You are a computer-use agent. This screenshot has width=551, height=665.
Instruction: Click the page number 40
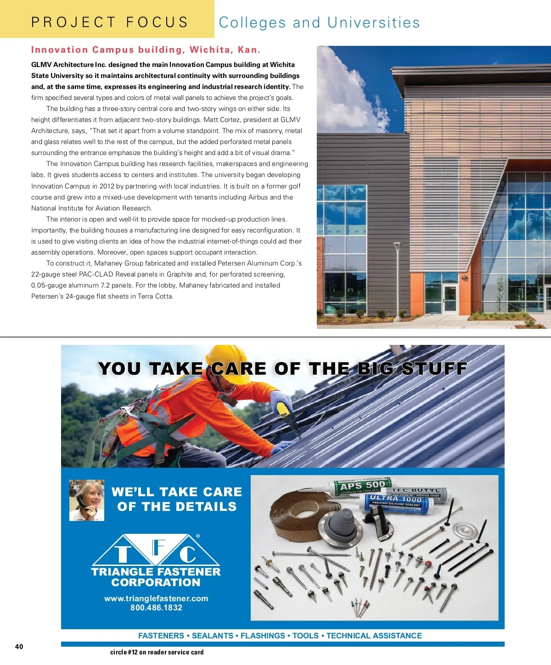point(19,647)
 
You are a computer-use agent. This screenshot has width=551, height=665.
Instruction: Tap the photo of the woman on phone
point(87,500)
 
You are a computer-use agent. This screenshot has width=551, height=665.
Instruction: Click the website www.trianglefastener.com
point(156,598)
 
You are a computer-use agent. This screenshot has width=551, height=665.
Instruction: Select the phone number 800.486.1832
point(156,608)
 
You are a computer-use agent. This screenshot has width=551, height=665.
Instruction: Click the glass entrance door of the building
point(450,298)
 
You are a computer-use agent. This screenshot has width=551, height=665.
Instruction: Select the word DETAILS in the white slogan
point(207,507)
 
